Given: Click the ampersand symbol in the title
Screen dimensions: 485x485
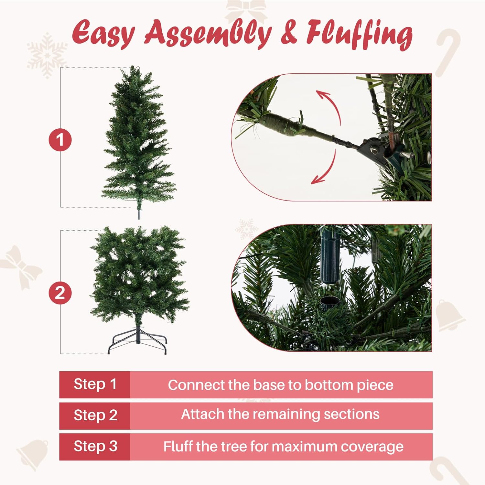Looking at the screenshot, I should (x=288, y=32).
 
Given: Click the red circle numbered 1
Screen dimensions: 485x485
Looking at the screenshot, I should (x=60, y=140).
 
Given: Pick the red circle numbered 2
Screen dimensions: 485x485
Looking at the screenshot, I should (x=60, y=293).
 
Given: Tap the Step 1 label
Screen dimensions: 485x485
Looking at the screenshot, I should (x=95, y=384).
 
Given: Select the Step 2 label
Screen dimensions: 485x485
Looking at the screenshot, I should (x=95, y=415).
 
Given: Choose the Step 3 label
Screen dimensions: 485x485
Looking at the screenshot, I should (x=95, y=447).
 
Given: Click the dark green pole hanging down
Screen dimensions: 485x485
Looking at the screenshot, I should (x=330, y=255).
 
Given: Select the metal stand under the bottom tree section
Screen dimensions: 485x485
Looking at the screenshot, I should (x=138, y=341).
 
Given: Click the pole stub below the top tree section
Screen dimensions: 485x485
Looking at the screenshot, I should (x=139, y=213).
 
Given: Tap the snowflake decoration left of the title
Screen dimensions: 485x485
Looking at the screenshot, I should (x=47, y=55).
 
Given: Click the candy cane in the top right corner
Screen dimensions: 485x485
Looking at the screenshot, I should (x=448, y=52).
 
